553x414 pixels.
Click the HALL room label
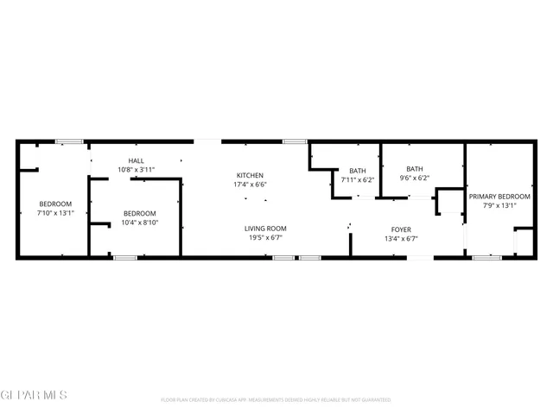coord(137,161)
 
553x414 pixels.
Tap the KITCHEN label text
coord(249,176)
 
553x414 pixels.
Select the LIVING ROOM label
coord(265,229)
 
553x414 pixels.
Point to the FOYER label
coord(401,229)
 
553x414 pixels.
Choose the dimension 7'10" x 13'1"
coord(55,212)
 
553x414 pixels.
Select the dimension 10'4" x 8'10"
coord(139,223)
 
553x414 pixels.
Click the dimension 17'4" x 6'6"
coord(249,185)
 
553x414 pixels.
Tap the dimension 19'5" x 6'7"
coord(265,237)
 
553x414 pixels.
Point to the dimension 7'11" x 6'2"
coord(358,179)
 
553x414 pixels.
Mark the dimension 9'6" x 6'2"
coord(415,179)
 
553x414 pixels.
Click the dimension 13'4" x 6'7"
coord(401,239)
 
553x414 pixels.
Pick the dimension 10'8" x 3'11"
coord(137,170)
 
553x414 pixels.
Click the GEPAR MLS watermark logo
coord(33,395)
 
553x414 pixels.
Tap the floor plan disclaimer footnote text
coord(276,400)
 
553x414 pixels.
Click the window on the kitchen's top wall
coord(295,141)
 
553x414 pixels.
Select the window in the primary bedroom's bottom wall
coord(486,257)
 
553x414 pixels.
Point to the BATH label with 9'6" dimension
coord(415,169)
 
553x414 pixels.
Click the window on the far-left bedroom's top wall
coord(68,141)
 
